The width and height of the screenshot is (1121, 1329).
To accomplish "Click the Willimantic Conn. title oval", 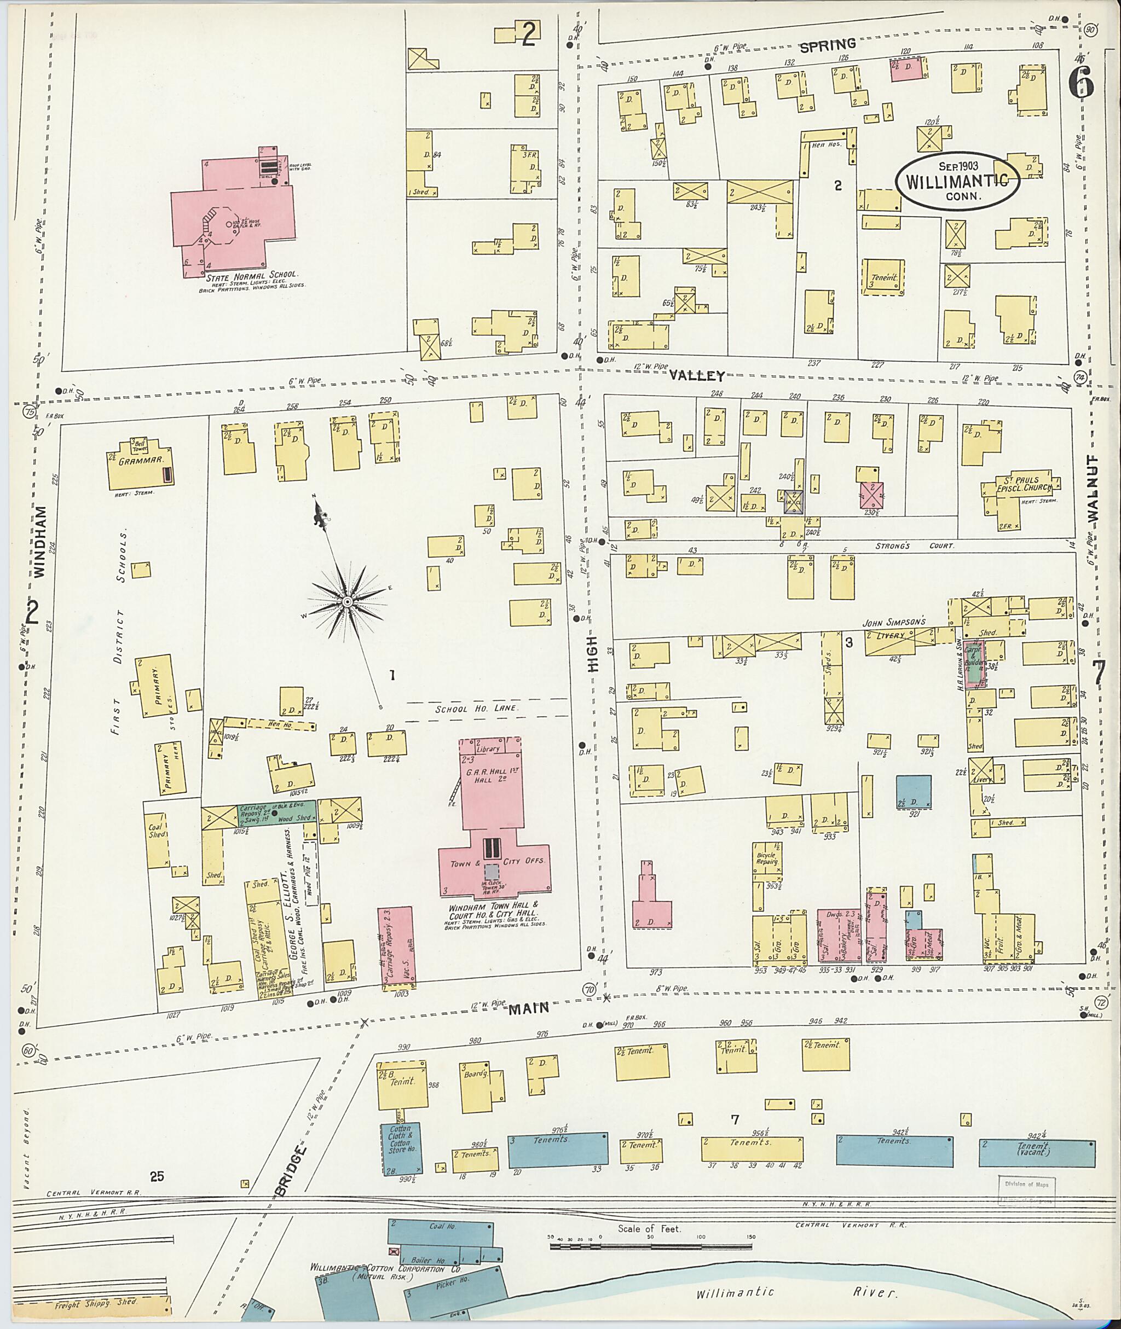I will (958, 180).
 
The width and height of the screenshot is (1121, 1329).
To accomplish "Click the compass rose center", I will (348, 601).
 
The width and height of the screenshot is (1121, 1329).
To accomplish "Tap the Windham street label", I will (40, 541).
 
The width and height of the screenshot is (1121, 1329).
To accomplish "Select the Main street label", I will (528, 1006).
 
